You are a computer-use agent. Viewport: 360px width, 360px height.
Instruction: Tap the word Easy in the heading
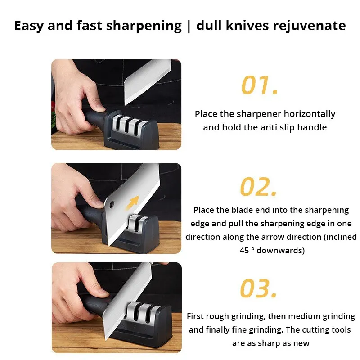coord(29,26)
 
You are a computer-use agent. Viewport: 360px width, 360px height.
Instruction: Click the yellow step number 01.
coord(260,85)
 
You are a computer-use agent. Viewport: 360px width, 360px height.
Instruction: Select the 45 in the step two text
coord(244,251)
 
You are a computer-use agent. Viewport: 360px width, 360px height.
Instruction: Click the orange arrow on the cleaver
coord(132,202)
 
